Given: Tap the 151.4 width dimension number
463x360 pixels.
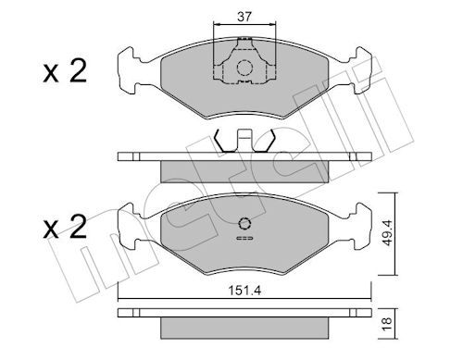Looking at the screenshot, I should coord(244,289).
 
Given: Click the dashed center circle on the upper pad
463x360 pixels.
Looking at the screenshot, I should coord(243,67).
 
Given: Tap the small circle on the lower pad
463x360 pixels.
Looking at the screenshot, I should coord(244,222).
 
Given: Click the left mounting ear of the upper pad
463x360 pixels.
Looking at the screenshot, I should coord(130,66).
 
